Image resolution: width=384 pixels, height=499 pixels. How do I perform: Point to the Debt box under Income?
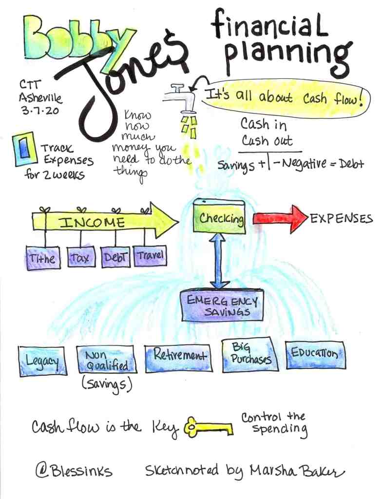coord(115,256)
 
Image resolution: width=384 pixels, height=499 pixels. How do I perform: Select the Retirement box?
coord(178,357)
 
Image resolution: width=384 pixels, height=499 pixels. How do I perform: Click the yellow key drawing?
coord(208,428)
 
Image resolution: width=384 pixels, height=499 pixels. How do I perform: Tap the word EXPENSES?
coord(341,218)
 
